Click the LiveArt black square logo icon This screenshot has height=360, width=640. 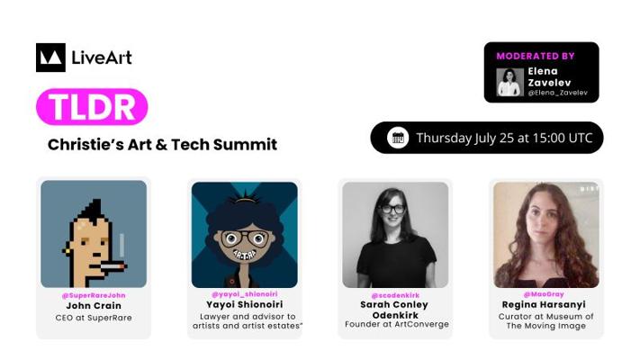50,58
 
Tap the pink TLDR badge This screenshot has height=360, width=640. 92,106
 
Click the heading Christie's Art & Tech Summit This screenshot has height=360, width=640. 162,145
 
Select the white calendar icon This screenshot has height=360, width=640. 398,138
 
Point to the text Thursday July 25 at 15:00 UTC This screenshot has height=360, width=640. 504,138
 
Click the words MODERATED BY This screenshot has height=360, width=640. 536,56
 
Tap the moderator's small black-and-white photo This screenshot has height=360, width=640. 509,82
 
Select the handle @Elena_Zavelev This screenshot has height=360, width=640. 557,93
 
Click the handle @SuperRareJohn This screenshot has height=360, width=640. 94,295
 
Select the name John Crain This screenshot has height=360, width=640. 94,306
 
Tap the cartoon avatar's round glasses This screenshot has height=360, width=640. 244,238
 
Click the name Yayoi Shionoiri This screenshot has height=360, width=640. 245,304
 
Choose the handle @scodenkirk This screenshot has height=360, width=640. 395,295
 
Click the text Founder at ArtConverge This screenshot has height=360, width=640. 397,325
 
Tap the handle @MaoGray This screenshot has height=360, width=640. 544,294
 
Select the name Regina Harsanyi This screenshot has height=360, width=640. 544,304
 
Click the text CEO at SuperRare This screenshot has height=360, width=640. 94,318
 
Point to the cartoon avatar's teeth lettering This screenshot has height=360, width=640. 245,255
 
